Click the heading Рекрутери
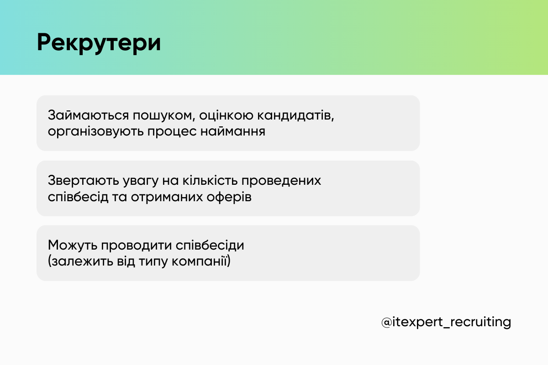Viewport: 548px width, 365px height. pos(99,43)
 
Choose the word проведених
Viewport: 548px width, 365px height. pos(287,181)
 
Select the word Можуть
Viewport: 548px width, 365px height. pos(72,245)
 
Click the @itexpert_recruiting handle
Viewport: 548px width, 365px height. pos(446,322)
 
